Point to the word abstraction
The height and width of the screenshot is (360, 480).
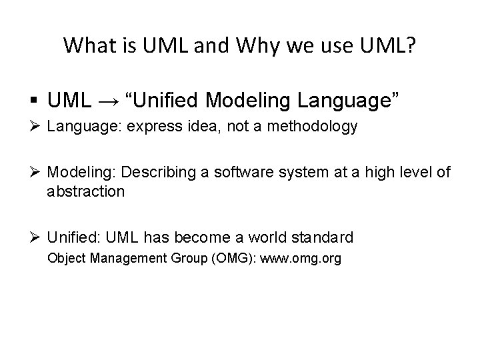86,191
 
